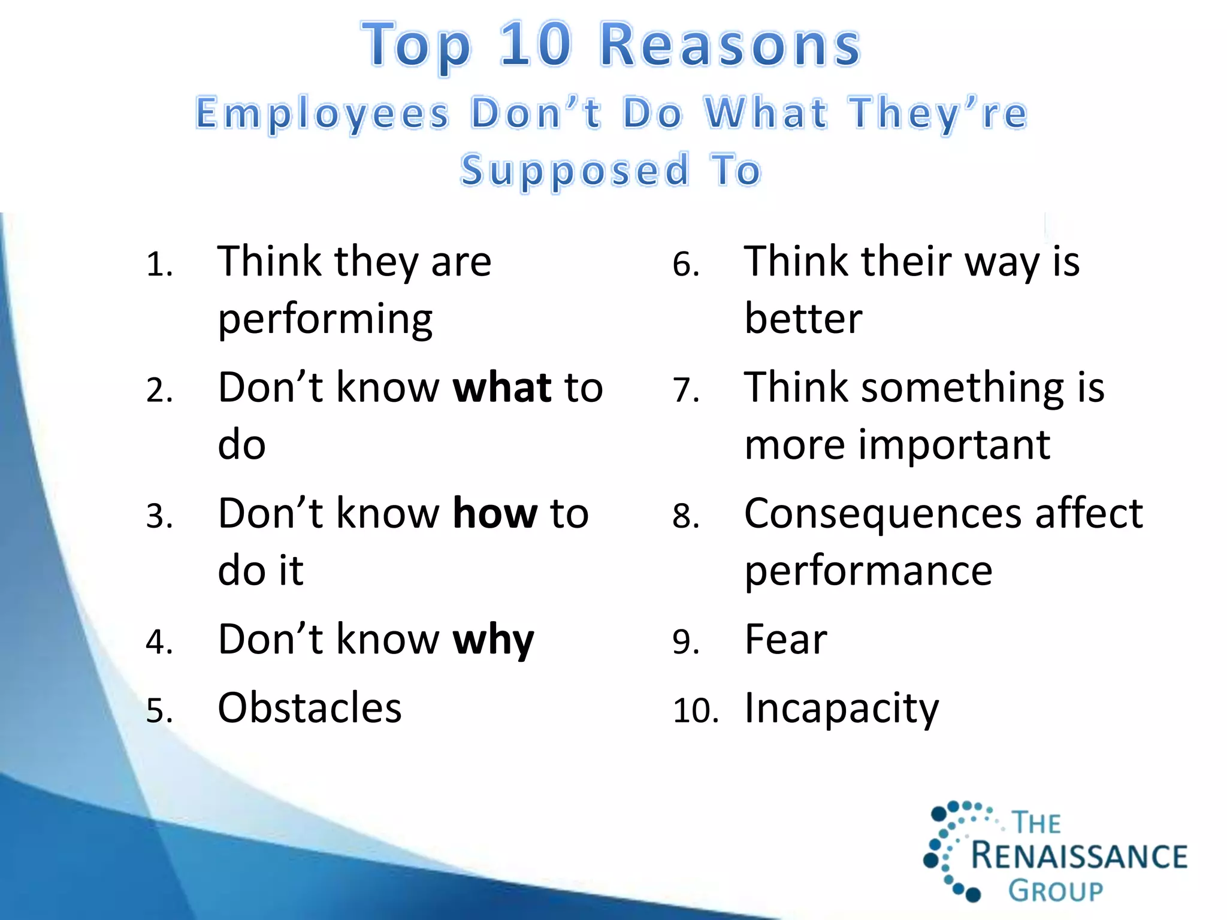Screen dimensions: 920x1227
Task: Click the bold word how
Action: [495, 514]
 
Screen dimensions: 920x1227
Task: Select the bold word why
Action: [493, 640]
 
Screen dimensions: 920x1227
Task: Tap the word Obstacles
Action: [309, 708]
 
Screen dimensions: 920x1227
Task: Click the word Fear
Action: [785, 640]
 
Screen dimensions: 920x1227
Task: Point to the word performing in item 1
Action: [325, 319]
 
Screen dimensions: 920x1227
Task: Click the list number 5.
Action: [159, 711]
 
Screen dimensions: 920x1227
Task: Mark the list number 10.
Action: [695, 711]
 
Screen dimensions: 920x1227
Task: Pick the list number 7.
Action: [686, 391]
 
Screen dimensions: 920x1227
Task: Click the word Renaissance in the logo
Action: [1078, 856]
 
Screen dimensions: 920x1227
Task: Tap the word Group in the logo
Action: [1056, 891]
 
